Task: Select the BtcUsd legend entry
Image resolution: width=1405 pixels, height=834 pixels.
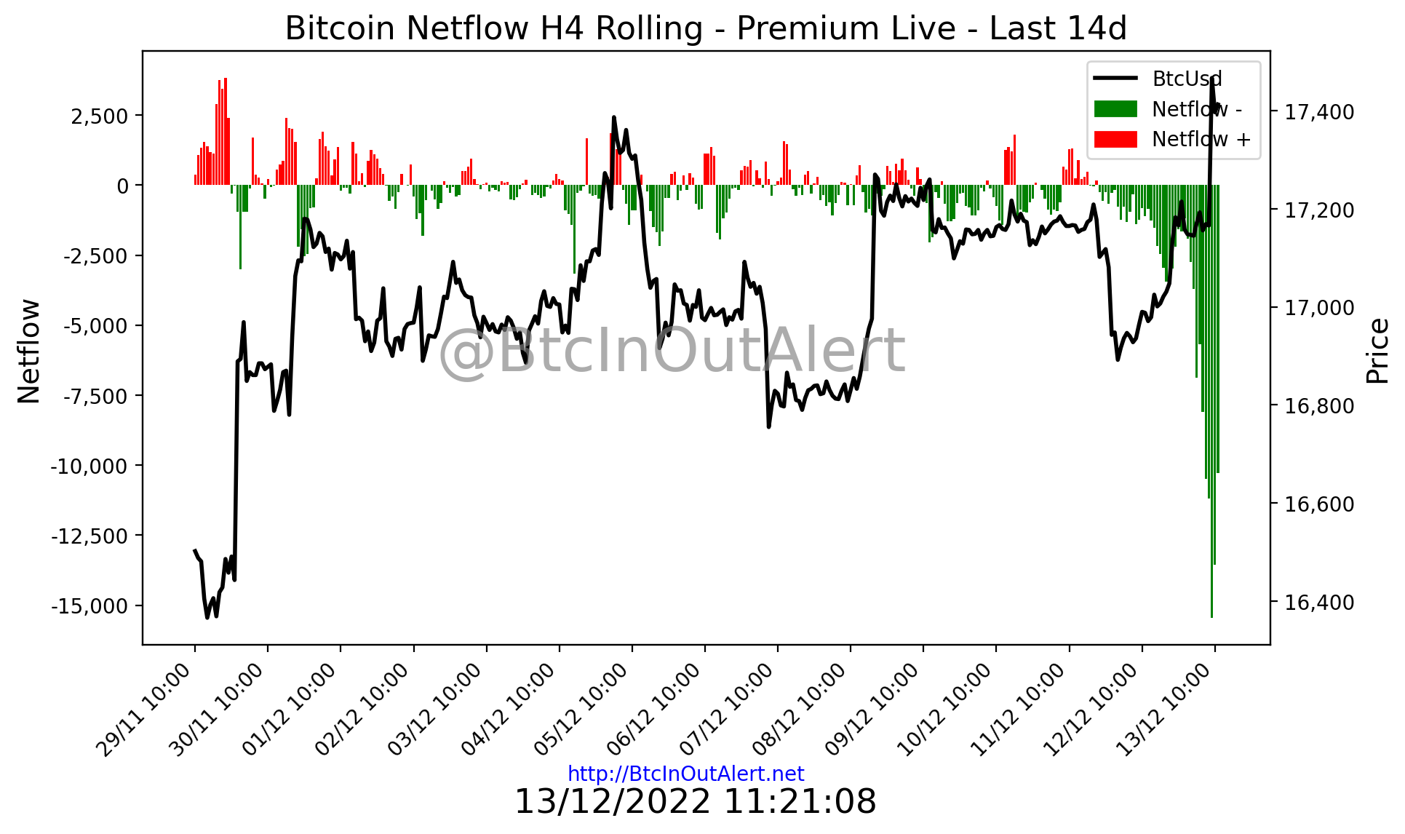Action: pos(1187,79)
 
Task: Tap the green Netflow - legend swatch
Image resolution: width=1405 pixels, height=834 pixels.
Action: pos(1115,109)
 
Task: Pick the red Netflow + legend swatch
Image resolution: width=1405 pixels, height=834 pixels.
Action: pos(1115,139)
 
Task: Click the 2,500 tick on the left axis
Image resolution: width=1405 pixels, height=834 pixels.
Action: pos(99,116)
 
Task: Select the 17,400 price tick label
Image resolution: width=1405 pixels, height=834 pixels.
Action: pos(1319,112)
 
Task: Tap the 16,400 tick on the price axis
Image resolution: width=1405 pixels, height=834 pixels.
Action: pos(1319,603)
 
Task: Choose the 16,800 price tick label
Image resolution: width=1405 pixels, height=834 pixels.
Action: pos(1319,406)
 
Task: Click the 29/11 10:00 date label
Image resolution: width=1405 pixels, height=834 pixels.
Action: pos(145,710)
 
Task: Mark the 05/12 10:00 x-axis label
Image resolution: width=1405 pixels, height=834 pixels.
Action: pos(582,710)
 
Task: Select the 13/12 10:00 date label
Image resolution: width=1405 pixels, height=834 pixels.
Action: pos(1165,710)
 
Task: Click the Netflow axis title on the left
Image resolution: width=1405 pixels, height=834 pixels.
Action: pos(29,351)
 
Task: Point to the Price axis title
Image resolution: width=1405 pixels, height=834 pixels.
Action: pos(1377,351)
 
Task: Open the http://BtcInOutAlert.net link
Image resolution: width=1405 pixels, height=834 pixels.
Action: pos(685,774)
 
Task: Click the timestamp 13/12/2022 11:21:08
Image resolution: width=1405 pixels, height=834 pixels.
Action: pos(695,802)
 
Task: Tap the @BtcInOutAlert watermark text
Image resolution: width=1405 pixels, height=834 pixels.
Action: pos(671,351)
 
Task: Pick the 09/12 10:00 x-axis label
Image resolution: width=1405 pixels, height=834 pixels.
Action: pos(873,710)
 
